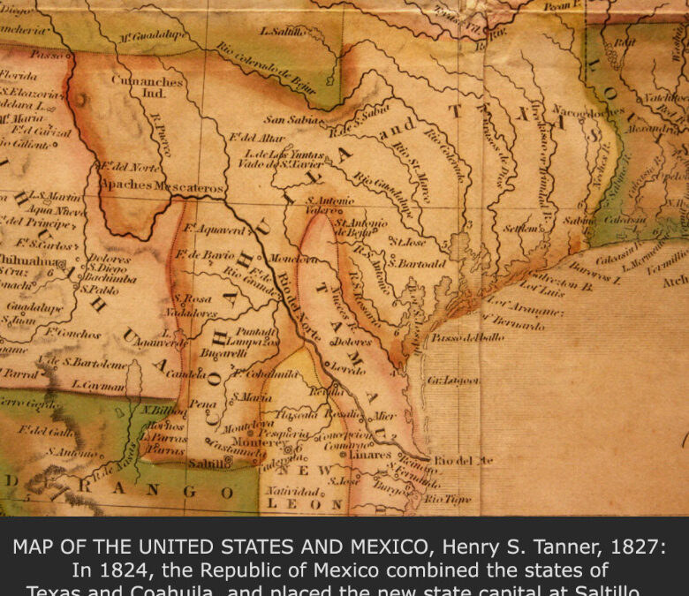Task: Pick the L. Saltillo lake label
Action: [282, 31]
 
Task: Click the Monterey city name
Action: [231, 441]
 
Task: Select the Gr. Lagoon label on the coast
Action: [453, 380]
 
